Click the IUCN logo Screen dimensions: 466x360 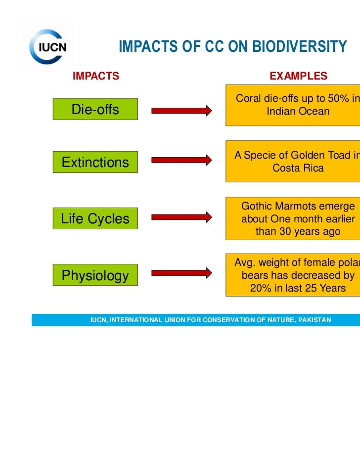click(47, 47)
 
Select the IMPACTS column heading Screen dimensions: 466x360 click(96, 76)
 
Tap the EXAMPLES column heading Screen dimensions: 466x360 click(298, 76)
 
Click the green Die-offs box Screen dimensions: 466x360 click(95, 109)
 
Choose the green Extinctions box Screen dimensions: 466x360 click(95, 162)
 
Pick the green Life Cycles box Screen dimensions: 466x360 click(95, 218)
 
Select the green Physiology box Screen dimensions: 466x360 click(95, 275)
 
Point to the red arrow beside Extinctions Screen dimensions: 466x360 click(181, 160)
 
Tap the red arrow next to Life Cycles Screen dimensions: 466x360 click(181, 216)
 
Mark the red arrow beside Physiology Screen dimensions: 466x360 click(181, 273)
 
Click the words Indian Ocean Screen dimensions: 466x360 click(298, 112)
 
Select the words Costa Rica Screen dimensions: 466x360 click(298, 168)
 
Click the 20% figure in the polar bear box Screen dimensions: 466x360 click(260, 288)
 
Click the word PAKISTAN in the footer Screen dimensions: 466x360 click(315, 320)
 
